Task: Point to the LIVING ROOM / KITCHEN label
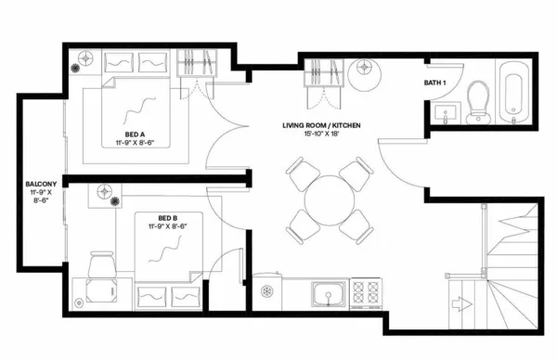tap(321, 124)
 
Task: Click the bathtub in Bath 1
tap(512, 93)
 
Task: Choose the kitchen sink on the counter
tap(326, 295)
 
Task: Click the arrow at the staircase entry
tap(459, 302)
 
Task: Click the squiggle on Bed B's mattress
tap(165, 247)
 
